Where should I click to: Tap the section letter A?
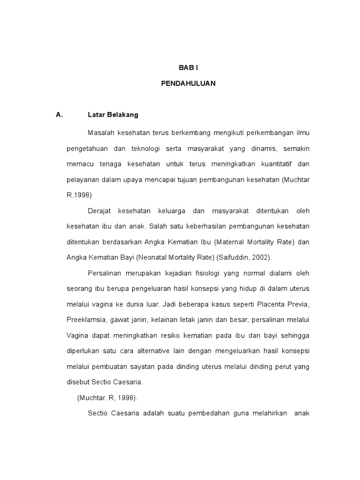tap(59, 114)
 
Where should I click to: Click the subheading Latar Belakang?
tap(113, 114)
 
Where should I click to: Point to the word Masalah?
tap(100, 133)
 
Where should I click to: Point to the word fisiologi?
tap(207, 273)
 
